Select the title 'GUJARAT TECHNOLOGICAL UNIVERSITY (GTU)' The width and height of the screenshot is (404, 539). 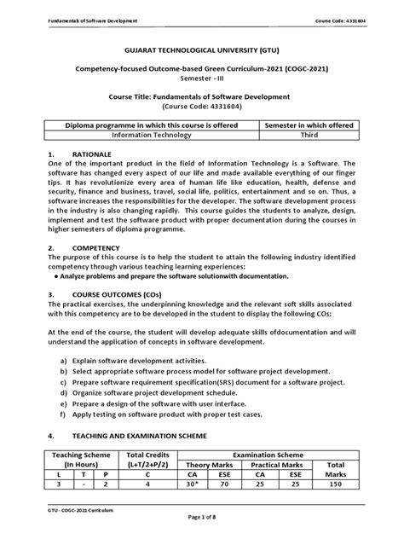point(202,51)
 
